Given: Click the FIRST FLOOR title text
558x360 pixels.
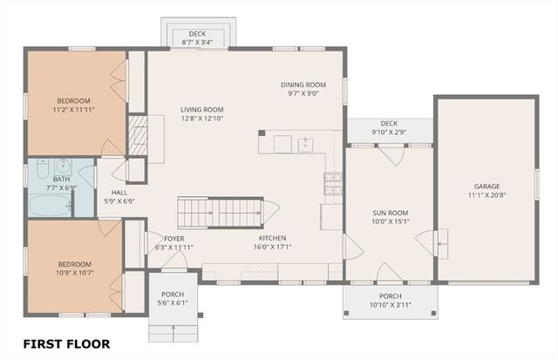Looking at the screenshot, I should coord(66,343).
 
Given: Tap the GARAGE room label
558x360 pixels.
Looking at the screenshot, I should coord(487,186).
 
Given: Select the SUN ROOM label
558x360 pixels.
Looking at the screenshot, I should coord(390,213).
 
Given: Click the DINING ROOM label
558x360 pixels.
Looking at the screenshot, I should coord(304,85).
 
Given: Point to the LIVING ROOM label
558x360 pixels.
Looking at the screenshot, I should coord(202,109).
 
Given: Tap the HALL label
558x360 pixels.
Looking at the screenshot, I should coord(119,193).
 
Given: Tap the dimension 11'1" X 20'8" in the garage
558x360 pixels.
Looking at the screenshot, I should coord(487,194).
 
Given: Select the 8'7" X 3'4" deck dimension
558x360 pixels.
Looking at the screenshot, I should coord(197,41).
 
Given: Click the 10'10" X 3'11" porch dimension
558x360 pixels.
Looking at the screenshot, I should coord(390,304).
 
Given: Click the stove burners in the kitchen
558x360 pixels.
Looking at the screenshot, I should coord(333,182).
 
